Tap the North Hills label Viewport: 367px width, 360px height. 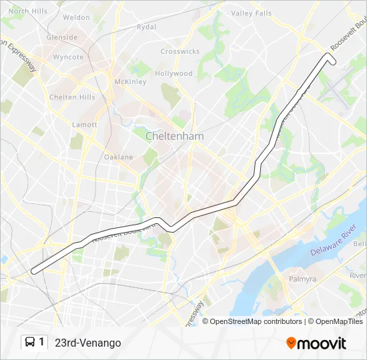(28, 11)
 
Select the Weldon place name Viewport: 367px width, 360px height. (77, 17)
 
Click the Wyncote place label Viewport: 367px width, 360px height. (68, 57)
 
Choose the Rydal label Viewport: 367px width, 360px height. (146, 27)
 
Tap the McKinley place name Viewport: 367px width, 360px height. (130, 82)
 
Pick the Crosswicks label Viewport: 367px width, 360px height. (179, 51)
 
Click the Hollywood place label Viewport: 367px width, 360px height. (173, 74)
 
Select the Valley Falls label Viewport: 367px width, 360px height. (251, 13)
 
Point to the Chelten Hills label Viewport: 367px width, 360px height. (72, 97)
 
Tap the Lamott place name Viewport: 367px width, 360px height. (85, 125)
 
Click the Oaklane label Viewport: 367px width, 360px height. (119, 157)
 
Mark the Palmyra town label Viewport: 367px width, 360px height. (302, 279)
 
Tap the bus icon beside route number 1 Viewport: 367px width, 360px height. (30, 343)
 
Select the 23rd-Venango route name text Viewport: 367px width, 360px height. (88, 343)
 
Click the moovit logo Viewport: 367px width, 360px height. (316, 343)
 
